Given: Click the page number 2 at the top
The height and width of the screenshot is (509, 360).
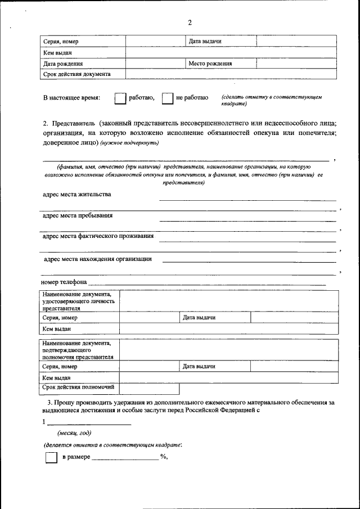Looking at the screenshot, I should [190, 22].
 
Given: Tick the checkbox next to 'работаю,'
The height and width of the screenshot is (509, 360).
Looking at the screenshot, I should [119, 98].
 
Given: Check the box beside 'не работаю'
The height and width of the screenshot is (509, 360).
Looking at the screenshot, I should [167, 98].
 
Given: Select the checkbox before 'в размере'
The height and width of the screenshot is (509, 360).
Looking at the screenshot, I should [51, 458].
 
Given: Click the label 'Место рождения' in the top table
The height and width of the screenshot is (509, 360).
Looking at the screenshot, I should [211, 64].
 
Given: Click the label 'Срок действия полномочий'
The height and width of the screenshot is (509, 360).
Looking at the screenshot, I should [79, 388].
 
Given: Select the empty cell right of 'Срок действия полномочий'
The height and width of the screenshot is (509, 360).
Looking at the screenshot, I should [149, 388].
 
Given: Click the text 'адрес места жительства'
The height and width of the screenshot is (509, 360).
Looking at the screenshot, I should [77, 195].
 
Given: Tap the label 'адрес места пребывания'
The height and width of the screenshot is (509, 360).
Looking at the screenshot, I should [78, 215].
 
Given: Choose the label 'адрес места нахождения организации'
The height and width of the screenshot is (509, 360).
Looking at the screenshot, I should [98, 259].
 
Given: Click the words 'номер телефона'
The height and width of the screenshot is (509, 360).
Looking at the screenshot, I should [64, 282].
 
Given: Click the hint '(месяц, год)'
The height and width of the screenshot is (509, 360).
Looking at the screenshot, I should [74, 433].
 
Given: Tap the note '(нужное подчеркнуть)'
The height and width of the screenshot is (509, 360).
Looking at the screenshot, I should [130, 143].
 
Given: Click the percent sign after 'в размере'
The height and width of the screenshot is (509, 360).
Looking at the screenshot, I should [163, 457].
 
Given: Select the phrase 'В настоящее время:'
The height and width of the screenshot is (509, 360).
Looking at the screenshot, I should [71, 98].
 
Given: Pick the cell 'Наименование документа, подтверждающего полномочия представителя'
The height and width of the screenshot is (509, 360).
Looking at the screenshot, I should [78, 349].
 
